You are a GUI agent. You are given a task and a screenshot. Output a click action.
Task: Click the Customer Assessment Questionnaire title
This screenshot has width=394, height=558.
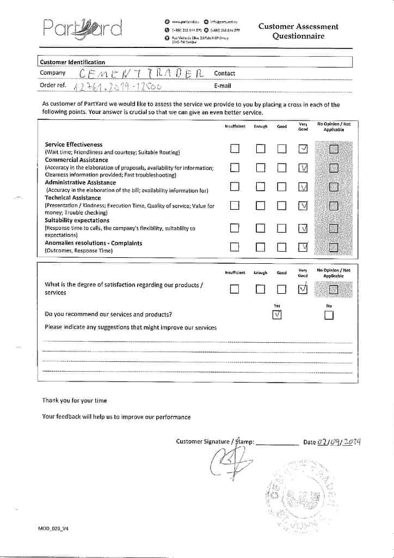[x=298, y=31]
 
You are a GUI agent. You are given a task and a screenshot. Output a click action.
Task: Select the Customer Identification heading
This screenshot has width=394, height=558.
[x=72, y=62]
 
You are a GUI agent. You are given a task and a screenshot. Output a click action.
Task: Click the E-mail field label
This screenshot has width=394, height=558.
[x=223, y=86]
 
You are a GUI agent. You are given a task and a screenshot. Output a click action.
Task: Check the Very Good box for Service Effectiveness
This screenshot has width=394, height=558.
[x=303, y=149]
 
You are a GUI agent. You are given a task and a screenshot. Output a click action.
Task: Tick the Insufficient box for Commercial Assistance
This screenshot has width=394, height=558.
[x=235, y=168]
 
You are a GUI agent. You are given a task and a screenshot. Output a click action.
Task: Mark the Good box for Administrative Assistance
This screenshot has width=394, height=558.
[x=282, y=187]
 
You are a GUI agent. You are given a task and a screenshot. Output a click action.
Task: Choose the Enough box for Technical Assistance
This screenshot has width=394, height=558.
[x=260, y=205]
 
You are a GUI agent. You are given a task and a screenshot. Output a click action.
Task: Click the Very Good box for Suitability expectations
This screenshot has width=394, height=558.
[x=303, y=228]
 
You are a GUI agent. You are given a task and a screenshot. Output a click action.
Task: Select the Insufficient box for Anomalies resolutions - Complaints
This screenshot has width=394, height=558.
[x=235, y=247]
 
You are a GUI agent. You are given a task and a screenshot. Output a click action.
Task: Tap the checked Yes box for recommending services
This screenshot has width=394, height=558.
[x=277, y=315]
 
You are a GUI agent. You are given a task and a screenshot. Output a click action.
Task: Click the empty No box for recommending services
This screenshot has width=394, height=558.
[x=329, y=315]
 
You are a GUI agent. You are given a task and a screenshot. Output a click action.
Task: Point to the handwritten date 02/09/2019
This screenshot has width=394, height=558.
[x=341, y=441]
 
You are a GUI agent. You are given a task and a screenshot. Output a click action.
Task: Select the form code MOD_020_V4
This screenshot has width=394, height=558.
[x=54, y=529]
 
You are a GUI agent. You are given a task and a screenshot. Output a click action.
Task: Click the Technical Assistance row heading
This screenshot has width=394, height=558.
[x=73, y=198]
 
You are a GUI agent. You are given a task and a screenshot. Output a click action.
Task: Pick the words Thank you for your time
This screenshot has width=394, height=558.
[x=75, y=401]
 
